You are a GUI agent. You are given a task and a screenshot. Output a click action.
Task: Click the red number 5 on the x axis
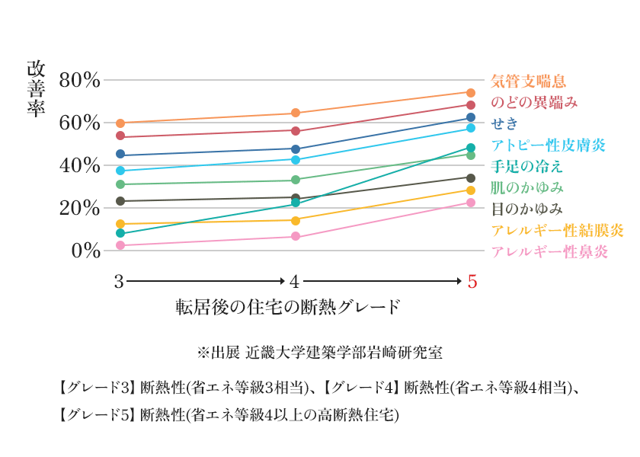point(472,282)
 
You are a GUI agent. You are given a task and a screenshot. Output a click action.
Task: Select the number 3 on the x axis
point(119,282)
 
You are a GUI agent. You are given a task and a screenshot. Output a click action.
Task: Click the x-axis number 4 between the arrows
point(295,282)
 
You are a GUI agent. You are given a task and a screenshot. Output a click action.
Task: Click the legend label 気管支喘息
point(528,81)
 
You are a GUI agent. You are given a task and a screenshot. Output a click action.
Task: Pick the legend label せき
point(505,123)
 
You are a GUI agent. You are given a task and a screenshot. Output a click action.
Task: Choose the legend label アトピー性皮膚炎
point(548,145)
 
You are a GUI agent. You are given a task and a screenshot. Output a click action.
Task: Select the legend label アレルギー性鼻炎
point(549,252)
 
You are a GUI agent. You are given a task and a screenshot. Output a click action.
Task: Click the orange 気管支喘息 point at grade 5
point(471,93)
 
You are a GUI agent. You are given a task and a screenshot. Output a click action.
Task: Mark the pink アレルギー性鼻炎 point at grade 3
point(120,245)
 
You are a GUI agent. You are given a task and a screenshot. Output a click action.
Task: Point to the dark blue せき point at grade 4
point(296,149)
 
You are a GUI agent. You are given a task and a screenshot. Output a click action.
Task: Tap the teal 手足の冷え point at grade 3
point(120,233)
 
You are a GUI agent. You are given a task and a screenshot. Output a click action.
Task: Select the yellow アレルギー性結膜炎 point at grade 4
point(296,220)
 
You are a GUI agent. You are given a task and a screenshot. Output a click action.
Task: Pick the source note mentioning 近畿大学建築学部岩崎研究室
point(320,353)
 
